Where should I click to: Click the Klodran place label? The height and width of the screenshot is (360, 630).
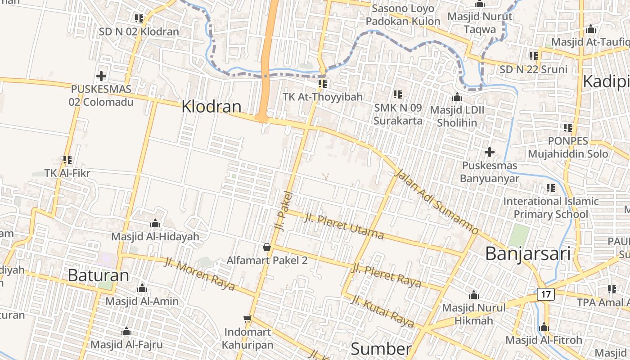tap(211, 107)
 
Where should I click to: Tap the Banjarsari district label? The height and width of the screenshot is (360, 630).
tap(528, 254)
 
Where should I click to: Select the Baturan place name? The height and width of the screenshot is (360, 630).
tap(98, 275)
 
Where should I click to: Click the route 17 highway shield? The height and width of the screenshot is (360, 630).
tap(546, 295)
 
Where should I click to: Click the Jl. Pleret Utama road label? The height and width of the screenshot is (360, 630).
tap(344, 226)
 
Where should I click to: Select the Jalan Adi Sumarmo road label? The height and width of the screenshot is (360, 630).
tap(436, 202)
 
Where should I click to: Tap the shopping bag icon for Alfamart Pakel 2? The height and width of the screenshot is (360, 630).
tap(267, 247)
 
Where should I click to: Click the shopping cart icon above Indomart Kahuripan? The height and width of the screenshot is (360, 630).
tap(247, 319)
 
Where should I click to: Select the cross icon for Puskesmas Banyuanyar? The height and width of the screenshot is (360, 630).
tap(489, 152)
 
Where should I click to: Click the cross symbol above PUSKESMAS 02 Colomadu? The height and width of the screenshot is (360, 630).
tap(101, 76)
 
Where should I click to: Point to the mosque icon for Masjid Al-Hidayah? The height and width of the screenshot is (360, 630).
tap(155, 223)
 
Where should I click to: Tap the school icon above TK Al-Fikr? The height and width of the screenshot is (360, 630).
tap(67, 160)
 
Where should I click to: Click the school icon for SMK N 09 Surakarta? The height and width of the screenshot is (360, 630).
tap(398, 94)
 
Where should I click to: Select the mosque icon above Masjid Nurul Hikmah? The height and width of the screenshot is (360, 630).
tap(473, 295)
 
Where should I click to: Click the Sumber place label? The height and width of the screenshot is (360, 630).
tap(381, 349)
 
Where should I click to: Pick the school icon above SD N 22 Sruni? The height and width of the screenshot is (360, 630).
tap(534, 56)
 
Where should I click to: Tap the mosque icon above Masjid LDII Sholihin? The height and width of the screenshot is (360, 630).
tap(457, 97)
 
